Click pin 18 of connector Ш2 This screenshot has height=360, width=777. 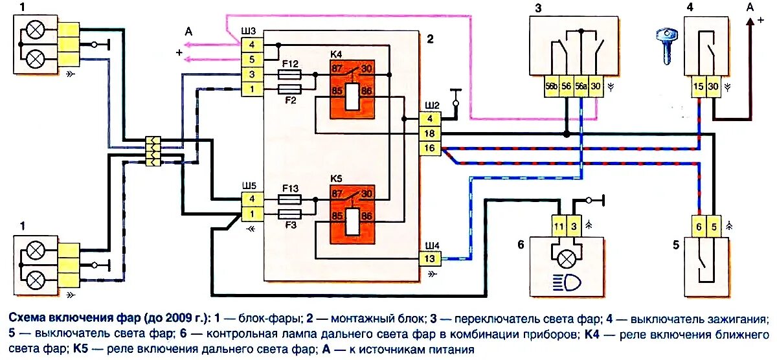pos(429,134)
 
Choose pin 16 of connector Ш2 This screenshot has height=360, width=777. pos(429,148)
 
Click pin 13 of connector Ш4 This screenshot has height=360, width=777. pos(431,259)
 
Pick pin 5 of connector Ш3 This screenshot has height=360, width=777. pos(251,60)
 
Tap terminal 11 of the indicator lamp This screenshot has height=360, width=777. pos(559,226)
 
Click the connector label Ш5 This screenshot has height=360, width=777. pos(248,186)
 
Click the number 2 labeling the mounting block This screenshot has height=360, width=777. pos(429,38)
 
